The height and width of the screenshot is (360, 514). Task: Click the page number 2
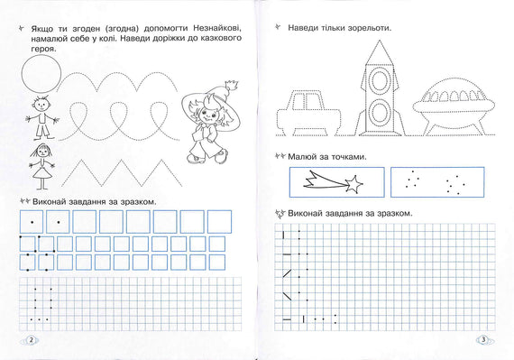point(32,340)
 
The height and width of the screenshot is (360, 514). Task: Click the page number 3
point(483,340)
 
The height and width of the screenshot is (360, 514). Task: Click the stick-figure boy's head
point(41,105)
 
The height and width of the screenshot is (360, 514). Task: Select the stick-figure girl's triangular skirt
point(42,172)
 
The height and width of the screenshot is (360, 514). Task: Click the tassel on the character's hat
point(232,86)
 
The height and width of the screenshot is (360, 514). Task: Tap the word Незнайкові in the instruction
point(217,28)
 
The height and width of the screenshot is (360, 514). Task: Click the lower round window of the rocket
point(380,112)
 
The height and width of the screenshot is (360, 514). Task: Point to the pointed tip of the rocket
point(380,41)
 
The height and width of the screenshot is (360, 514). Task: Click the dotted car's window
point(307,101)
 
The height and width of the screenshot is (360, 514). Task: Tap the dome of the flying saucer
point(454,90)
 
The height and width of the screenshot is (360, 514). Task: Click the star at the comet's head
point(354,184)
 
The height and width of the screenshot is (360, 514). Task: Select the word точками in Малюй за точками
point(349,157)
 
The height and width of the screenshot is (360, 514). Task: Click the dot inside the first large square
point(32,222)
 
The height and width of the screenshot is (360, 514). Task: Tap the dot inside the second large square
point(59,222)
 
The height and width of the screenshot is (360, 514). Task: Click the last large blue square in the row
point(220,222)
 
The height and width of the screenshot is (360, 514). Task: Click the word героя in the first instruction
point(43,50)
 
